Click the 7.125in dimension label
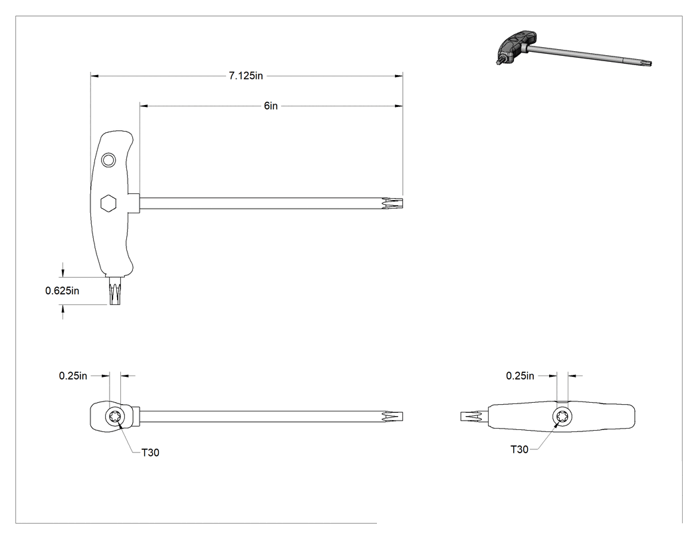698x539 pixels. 246,76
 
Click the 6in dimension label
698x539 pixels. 271,106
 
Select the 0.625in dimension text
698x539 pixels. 62,290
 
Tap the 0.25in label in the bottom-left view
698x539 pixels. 73,376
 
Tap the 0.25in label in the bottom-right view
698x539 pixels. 520,376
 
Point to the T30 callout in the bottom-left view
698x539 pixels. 150,452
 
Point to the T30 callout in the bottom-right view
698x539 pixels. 519,449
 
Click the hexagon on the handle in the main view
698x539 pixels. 108,203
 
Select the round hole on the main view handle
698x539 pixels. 108,160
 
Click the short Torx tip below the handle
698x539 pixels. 115,290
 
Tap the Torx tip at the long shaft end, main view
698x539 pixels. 392,203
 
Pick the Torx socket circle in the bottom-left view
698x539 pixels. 114,417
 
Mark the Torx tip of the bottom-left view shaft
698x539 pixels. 392,417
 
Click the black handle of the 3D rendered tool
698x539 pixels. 517,45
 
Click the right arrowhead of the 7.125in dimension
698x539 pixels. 398,76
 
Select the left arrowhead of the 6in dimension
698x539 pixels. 144,106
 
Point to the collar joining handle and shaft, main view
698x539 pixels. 134,203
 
